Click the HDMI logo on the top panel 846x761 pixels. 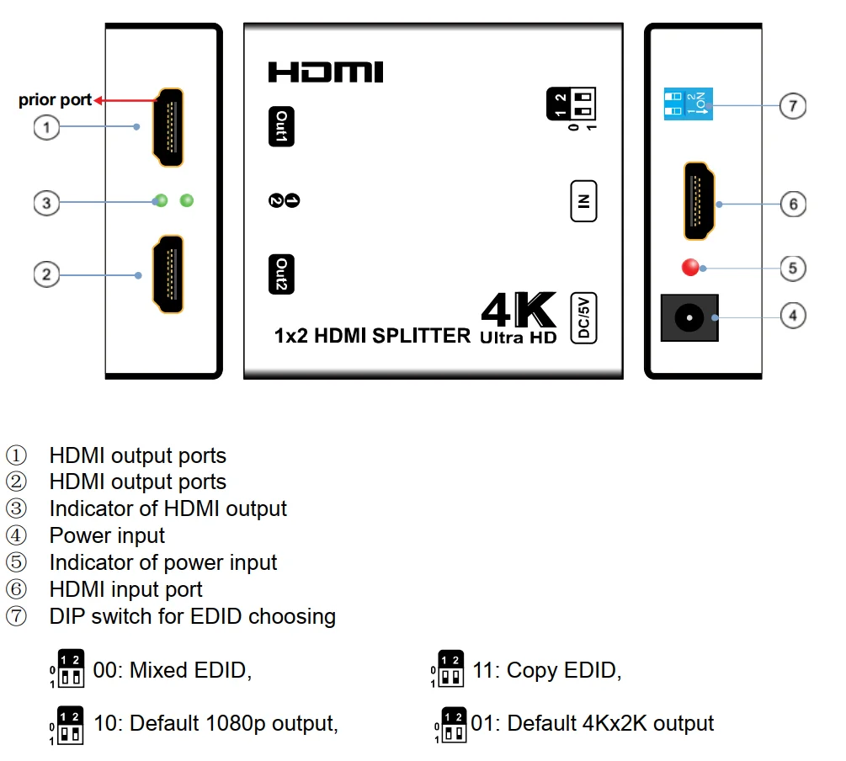(326, 72)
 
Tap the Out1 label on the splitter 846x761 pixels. (281, 127)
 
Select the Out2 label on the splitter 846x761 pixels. (281, 274)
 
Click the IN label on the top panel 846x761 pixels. (583, 201)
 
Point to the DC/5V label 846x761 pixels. (583, 318)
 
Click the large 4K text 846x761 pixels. (519, 311)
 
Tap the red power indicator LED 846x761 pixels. (691, 268)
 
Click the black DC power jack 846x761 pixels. (689, 317)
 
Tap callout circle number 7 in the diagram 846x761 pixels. (792, 106)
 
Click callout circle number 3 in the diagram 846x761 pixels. (47, 202)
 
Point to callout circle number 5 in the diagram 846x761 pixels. (792, 268)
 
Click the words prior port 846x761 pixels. (55, 100)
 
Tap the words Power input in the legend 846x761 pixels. (107, 535)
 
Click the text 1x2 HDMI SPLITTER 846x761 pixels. (372, 336)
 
